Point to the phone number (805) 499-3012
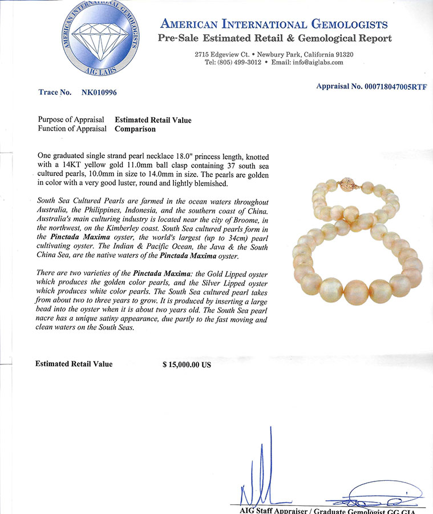232,62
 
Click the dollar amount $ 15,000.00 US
187,364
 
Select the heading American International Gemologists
274,25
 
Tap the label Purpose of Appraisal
71,120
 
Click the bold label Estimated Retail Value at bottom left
74,364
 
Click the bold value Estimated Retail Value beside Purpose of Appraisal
153,120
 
